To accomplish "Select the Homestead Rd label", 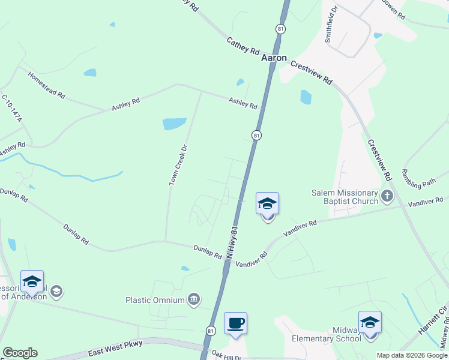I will point(46,85).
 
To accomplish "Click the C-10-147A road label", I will point(11,109).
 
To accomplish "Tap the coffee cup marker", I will point(236,323).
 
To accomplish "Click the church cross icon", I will point(388,195).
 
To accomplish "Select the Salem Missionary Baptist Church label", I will point(345,197).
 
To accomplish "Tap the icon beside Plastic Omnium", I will point(194,299).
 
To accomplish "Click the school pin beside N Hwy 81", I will point(267,205).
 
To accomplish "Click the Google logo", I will point(20,353).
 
